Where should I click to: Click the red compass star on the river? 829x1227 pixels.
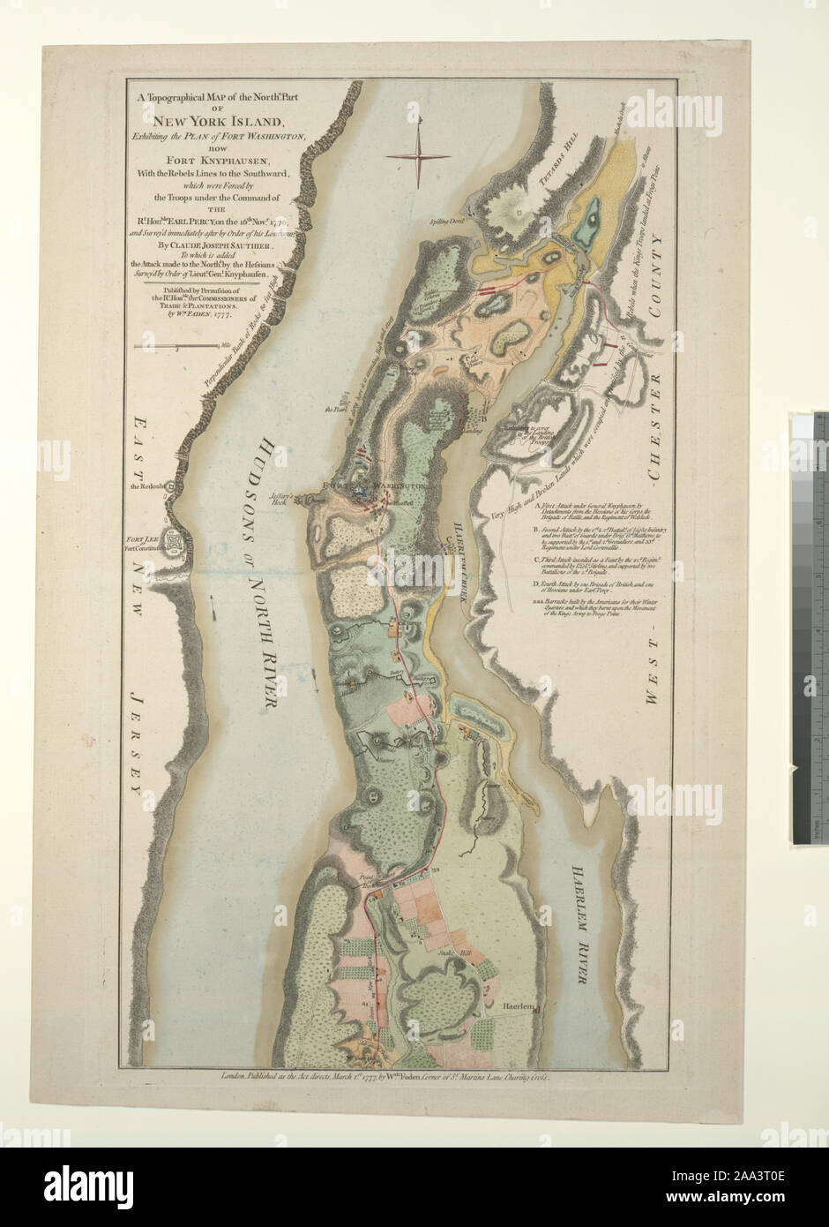[x=418, y=156]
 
